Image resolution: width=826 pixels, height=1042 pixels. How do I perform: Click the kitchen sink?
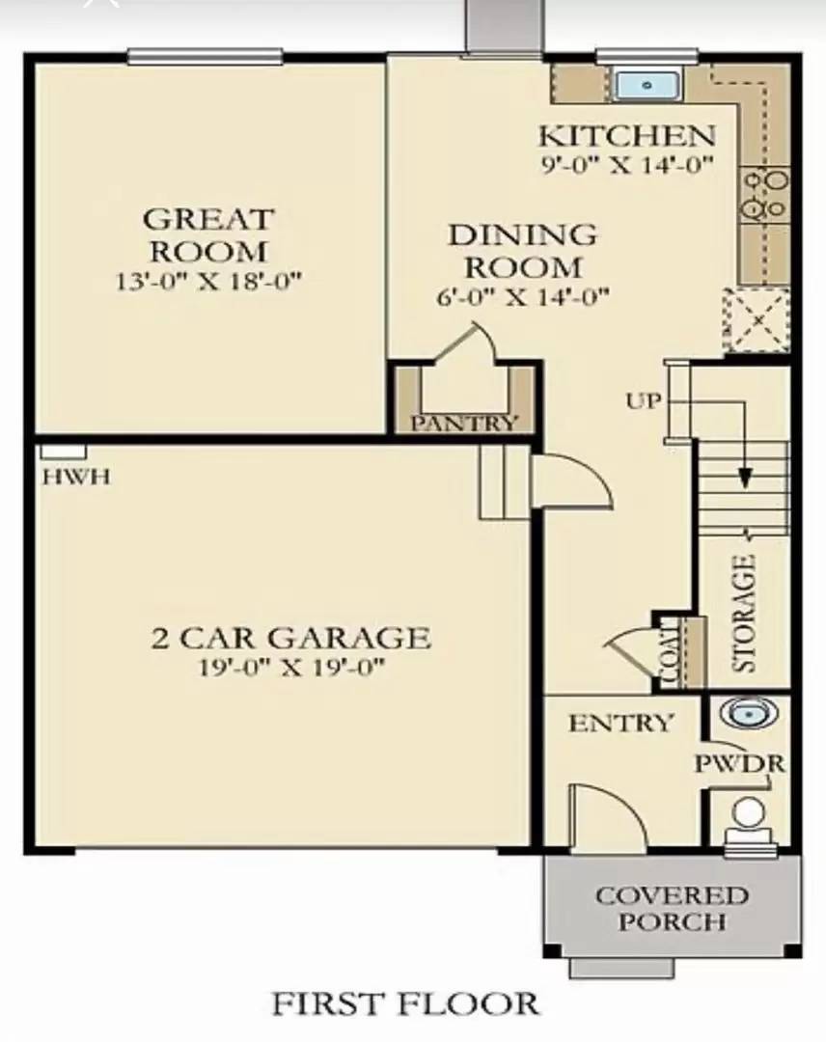tap(647, 85)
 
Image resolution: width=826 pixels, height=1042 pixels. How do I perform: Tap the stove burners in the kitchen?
tap(764, 194)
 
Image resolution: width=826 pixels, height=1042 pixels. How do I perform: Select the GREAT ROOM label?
tap(208, 235)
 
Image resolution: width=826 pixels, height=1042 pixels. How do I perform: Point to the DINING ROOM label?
tap(522, 250)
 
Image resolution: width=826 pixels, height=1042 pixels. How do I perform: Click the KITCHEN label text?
tap(626, 135)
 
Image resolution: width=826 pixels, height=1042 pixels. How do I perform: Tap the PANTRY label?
tap(464, 423)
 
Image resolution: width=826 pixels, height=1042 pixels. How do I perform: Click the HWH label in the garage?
tap(75, 476)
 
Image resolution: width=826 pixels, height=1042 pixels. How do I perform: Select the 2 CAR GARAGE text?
tap(290, 638)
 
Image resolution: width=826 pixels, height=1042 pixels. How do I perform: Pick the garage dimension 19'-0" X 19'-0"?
tap(290, 668)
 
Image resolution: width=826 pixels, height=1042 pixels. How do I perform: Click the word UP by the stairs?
tap(644, 400)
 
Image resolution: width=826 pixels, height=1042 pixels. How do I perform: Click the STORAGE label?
tap(744, 614)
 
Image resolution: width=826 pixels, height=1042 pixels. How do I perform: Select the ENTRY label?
tap(619, 723)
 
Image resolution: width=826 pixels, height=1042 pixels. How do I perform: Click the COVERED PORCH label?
tap(672, 908)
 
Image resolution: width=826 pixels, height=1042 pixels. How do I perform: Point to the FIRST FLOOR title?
tap(405, 1003)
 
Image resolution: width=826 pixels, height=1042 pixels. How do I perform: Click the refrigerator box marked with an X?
tap(757, 319)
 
